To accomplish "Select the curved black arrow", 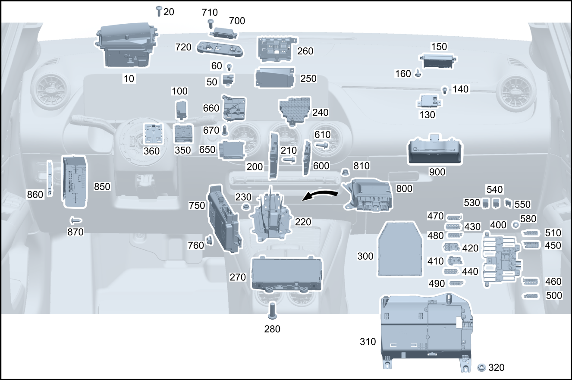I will click(x=320, y=195).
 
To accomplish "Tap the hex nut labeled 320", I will click(x=482, y=367).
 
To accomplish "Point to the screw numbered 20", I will click(x=159, y=11).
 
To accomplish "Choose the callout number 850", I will click(x=102, y=187).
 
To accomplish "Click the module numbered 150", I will click(x=439, y=61).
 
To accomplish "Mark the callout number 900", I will click(x=437, y=172).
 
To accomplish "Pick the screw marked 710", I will click(x=211, y=22).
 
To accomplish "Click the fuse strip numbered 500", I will click(x=531, y=296).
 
